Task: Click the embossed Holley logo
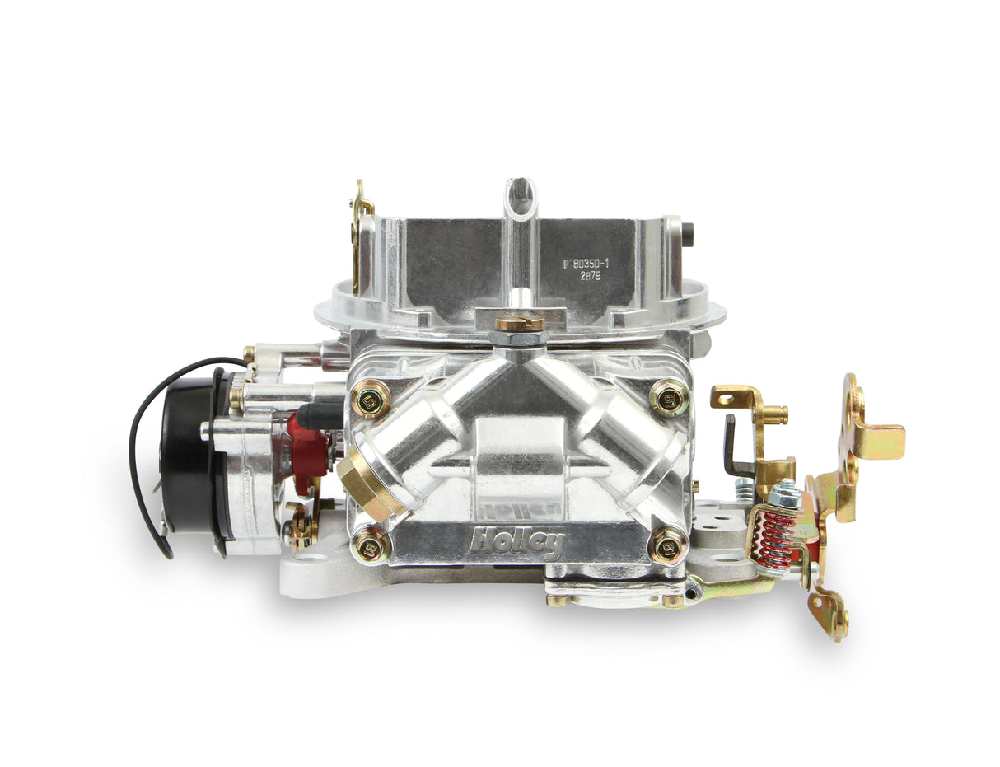(518, 542)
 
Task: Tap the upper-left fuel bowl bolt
(371, 401)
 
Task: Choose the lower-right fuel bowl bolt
(668, 545)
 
